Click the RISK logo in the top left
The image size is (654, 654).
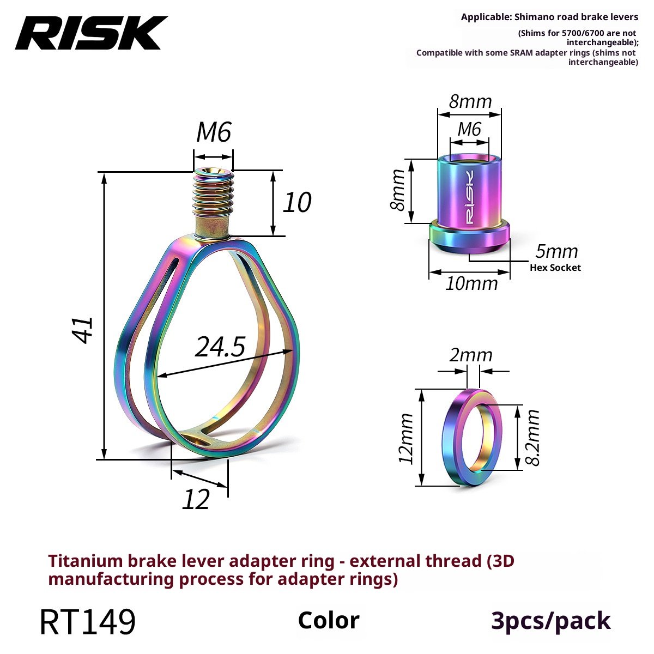click(91, 33)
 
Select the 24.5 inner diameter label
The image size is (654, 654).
click(220, 347)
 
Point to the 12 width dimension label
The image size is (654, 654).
click(196, 499)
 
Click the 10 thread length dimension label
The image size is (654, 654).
click(297, 202)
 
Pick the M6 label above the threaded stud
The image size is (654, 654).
click(214, 132)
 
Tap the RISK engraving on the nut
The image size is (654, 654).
click(469, 197)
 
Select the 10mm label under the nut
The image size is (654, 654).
click(471, 284)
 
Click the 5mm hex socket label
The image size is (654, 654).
click(556, 251)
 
